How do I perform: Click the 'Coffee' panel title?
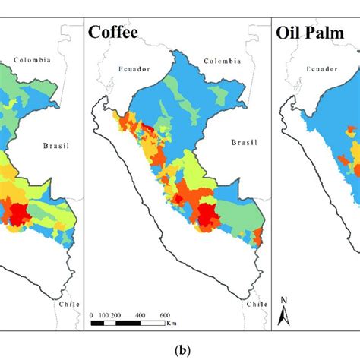pyautogui.click(x=118, y=32)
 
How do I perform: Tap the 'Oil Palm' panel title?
pyautogui.click(x=313, y=32)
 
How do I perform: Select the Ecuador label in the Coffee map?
pyautogui.click(x=138, y=68)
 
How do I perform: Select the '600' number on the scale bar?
pyautogui.click(x=163, y=314)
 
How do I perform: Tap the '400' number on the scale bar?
pyautogui.click(x=140, y=314)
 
